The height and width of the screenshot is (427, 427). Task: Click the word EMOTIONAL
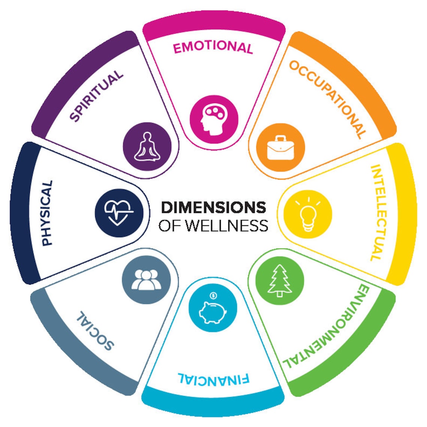[213, 47]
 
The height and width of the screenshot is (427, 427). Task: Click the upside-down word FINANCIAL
[213, 379]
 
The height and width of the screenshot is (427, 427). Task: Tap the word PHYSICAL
[47, 213]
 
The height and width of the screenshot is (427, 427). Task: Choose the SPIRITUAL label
[97, 96]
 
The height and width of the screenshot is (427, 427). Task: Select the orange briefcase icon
[280, 147]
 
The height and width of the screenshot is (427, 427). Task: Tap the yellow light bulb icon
[308, 214]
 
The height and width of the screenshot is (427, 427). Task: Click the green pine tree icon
[279, 280]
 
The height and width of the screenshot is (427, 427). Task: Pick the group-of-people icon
[146, 280]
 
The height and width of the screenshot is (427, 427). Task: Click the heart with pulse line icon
[119, 213]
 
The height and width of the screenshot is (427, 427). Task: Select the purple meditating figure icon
[147, 146]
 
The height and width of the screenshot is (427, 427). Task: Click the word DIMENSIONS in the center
[213, 207]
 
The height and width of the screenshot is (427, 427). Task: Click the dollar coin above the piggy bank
[213, 296]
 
